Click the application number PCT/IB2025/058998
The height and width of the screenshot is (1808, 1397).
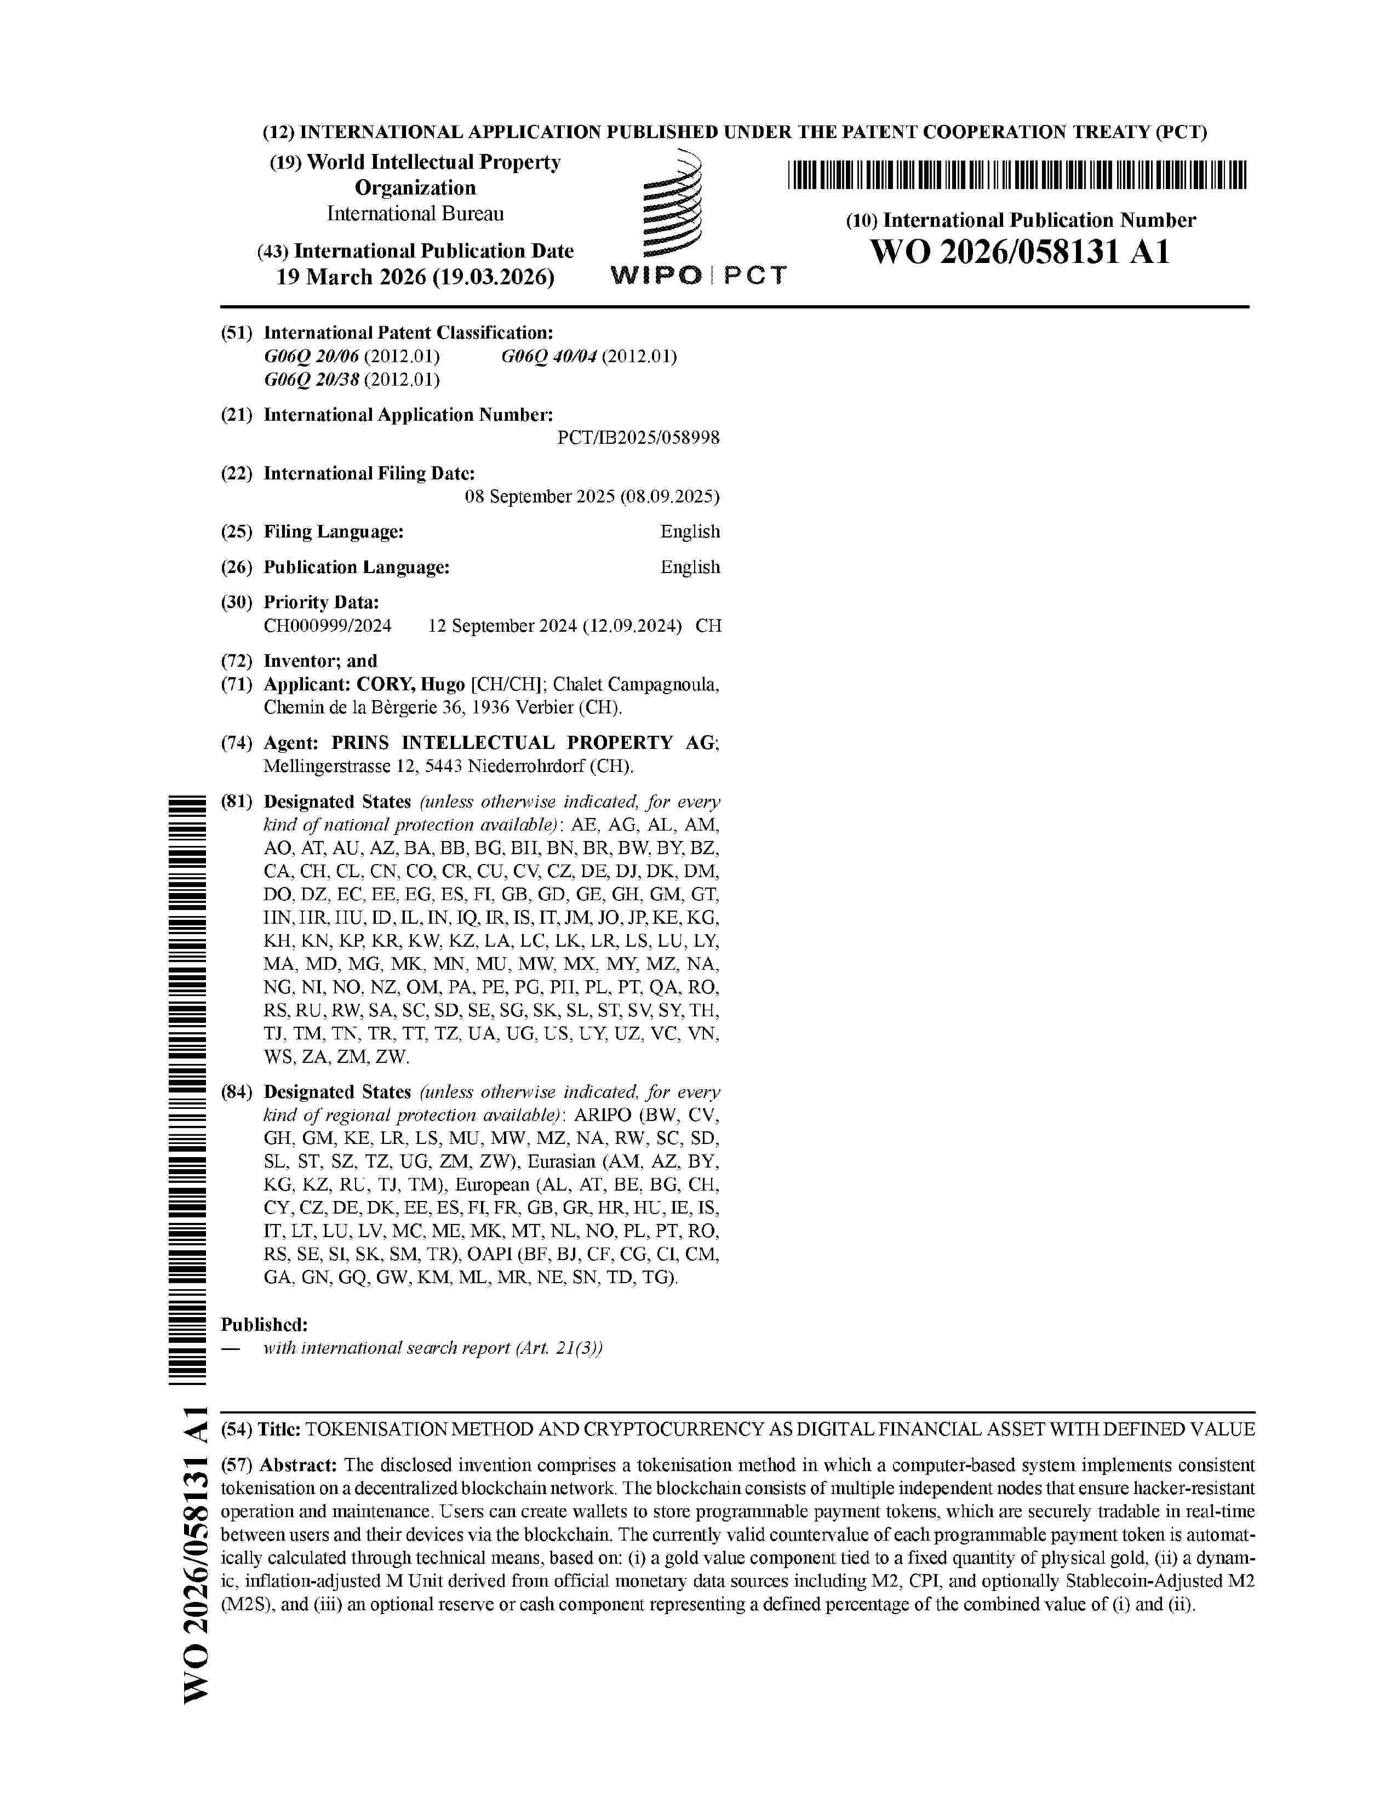[x=638, y=438]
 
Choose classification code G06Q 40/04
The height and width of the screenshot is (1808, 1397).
[x=549, y=357]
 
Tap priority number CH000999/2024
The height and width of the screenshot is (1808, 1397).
[x=328, y=626]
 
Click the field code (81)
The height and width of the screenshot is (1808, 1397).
[x=236, y=802]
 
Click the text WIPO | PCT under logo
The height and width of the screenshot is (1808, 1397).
[x=697, y=276]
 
